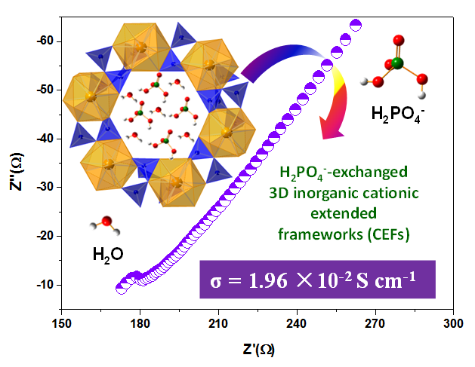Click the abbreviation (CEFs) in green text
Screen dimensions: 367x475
(388, 234)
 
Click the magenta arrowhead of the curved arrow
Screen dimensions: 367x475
(330, 130)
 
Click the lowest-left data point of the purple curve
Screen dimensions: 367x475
(121, 288)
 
